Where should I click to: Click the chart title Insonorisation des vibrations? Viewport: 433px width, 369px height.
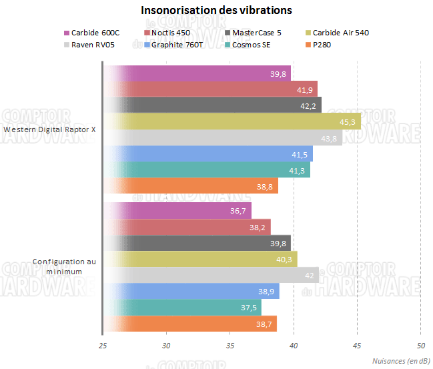click(x=216, y=11)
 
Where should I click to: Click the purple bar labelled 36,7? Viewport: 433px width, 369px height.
click(x=177, y=211)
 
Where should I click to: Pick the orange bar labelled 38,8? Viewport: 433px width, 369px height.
click(x=190, y=188)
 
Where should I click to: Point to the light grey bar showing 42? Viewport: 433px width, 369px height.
click(x=211, y=276)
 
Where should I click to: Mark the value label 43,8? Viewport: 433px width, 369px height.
click(x=330, y=138)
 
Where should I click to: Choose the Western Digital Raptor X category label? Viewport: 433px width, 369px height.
click(x=49, y=130)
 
